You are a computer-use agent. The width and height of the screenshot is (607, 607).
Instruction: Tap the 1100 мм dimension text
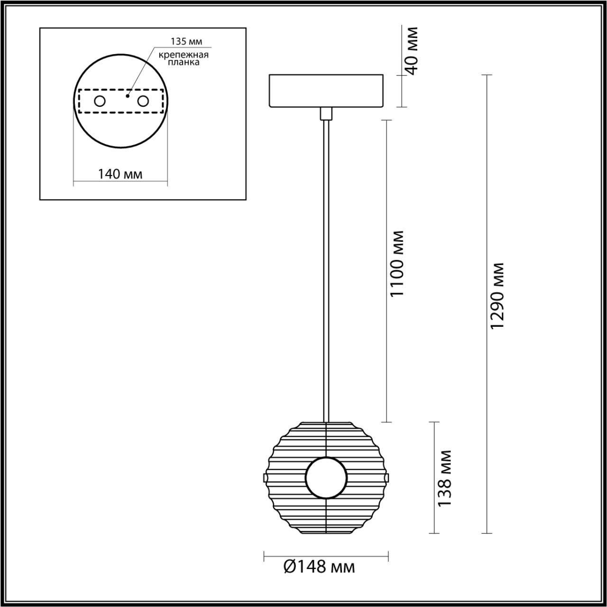396,264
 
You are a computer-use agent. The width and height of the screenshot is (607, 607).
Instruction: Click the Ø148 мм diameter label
319,566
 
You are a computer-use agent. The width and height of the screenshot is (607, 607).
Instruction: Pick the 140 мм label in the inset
120,174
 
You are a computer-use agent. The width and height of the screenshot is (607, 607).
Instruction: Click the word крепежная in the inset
184,55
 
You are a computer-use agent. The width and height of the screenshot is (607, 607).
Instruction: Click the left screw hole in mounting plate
100,101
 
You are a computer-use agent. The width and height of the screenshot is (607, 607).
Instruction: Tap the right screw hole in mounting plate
143,101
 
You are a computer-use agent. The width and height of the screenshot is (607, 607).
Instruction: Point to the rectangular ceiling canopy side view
326,91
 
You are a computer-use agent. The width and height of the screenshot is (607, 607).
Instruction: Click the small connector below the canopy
326,114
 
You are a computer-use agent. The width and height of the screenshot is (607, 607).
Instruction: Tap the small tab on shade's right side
387,476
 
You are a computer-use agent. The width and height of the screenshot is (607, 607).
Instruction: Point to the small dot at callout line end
127,95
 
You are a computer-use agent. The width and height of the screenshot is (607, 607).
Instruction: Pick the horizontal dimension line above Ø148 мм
326,554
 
